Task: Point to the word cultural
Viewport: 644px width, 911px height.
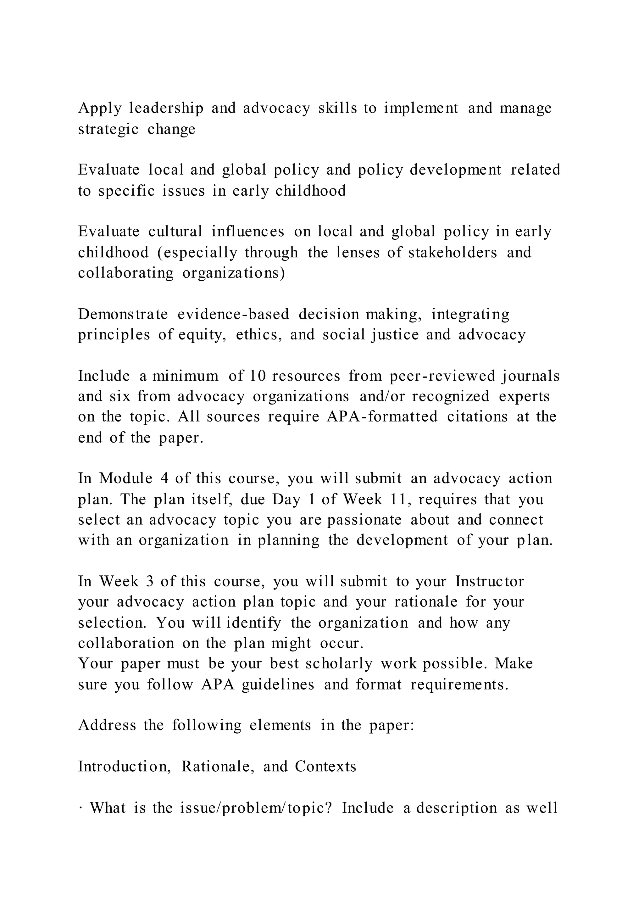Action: pos(175,232)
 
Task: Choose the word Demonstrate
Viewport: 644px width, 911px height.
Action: pos(123,315)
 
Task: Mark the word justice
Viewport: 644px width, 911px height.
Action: pos(395,335)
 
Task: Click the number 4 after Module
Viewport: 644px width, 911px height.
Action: pos(164,479)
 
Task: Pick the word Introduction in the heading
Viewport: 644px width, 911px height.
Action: pos(125,767)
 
